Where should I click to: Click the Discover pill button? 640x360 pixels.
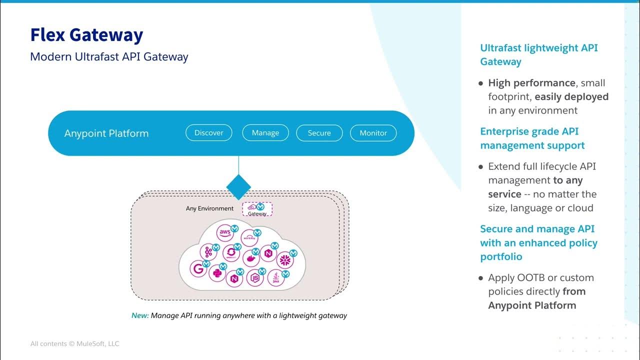[x=209, y=133]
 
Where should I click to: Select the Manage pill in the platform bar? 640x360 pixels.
[x=265, y=133]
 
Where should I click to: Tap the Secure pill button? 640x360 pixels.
[x=319, y=133]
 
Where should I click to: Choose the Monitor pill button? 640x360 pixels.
[x=373, y=133]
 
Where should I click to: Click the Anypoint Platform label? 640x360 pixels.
[x=106, y=133]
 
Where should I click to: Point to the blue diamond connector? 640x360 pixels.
[x=238, y=187]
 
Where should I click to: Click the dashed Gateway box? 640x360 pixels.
[x=257, y=209]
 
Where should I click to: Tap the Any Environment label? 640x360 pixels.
[x=209, y=208]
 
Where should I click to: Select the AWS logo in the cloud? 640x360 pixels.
[x=224, y=233]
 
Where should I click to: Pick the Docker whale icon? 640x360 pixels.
[x=249, y=258]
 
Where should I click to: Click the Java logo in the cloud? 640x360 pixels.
[x=275, y=278]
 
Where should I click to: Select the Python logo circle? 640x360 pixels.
[x=216, y=273]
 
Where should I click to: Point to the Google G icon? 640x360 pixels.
[x=198, y=269]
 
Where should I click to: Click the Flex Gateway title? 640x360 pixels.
[x=86, y=35]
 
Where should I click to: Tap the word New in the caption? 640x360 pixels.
[x=139, y=315]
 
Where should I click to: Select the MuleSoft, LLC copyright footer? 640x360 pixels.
[x=74, y=343]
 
